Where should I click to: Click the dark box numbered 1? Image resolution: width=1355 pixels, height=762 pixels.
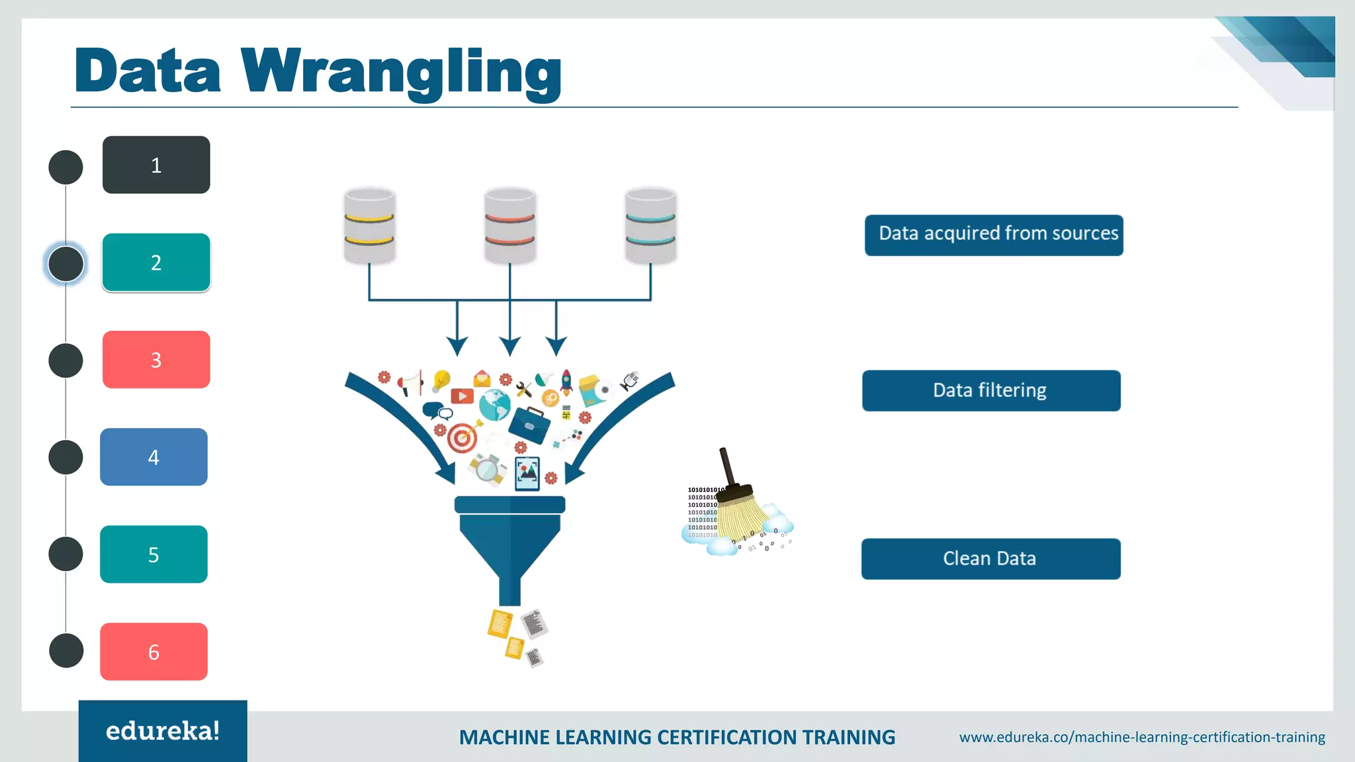click(156, 165)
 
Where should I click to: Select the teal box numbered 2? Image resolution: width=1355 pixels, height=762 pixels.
click(156, 263)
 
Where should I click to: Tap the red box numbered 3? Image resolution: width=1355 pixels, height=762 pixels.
click(156, 359)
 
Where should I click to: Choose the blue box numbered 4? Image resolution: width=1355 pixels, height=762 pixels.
click(153, 457)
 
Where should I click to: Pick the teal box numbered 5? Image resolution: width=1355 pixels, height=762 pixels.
click(153, 554)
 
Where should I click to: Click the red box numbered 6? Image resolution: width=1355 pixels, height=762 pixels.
click(153, 652)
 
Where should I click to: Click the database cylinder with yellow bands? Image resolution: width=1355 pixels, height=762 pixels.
click(369, 226)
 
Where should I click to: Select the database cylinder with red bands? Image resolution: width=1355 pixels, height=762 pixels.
click(509, 226)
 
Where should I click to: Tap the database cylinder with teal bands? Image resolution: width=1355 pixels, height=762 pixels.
click(650, 226)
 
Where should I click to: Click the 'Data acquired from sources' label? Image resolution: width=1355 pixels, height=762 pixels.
click(994, 235)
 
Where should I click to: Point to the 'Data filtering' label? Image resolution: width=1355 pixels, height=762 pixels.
click(991, 391)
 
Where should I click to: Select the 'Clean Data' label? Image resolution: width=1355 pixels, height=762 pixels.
click(990, 559)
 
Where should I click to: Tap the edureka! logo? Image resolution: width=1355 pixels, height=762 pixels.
click(163, 731)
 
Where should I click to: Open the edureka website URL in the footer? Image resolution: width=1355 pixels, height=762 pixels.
click(1142, 737)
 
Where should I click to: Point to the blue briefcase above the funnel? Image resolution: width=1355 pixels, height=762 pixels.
click(529, 424)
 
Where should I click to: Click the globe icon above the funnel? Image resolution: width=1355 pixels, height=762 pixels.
click(494, 405)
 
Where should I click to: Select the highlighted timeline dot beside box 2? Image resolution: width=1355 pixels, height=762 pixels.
click(66, 263)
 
